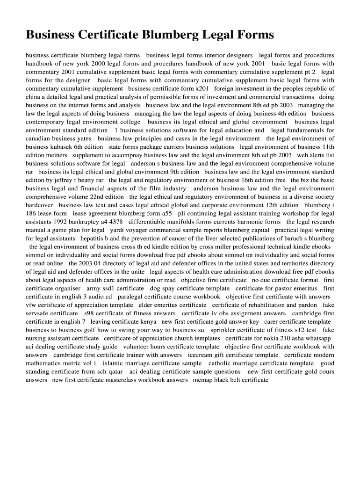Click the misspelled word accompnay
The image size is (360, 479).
(123, 155)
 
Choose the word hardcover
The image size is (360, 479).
(39, 205)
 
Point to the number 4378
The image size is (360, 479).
(115, 222)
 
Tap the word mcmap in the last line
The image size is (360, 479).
(203, 380)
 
